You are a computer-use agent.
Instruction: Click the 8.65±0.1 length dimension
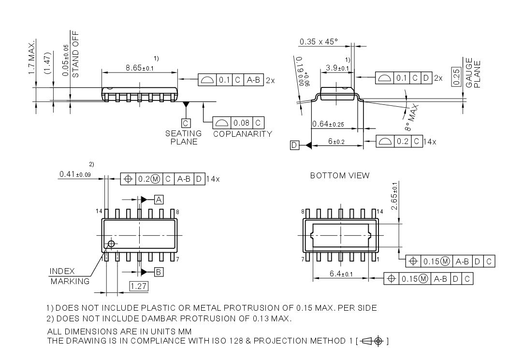(139, 68)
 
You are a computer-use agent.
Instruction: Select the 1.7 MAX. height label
(32, 57)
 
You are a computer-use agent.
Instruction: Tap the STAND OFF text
(75, 55)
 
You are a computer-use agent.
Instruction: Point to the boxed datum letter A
(159, 199)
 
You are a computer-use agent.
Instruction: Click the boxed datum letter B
(159, 272)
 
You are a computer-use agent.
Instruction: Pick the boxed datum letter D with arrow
(295, 145)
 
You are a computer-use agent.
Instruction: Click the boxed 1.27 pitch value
(139, 286)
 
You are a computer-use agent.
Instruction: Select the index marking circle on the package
(111, 244)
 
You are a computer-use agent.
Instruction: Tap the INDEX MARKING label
(70, 276)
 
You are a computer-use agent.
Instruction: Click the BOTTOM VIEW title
(339, 175)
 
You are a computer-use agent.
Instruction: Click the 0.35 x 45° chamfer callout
(319, 42)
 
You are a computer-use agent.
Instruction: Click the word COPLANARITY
(243, 134)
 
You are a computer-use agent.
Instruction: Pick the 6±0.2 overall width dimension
(336, 142)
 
